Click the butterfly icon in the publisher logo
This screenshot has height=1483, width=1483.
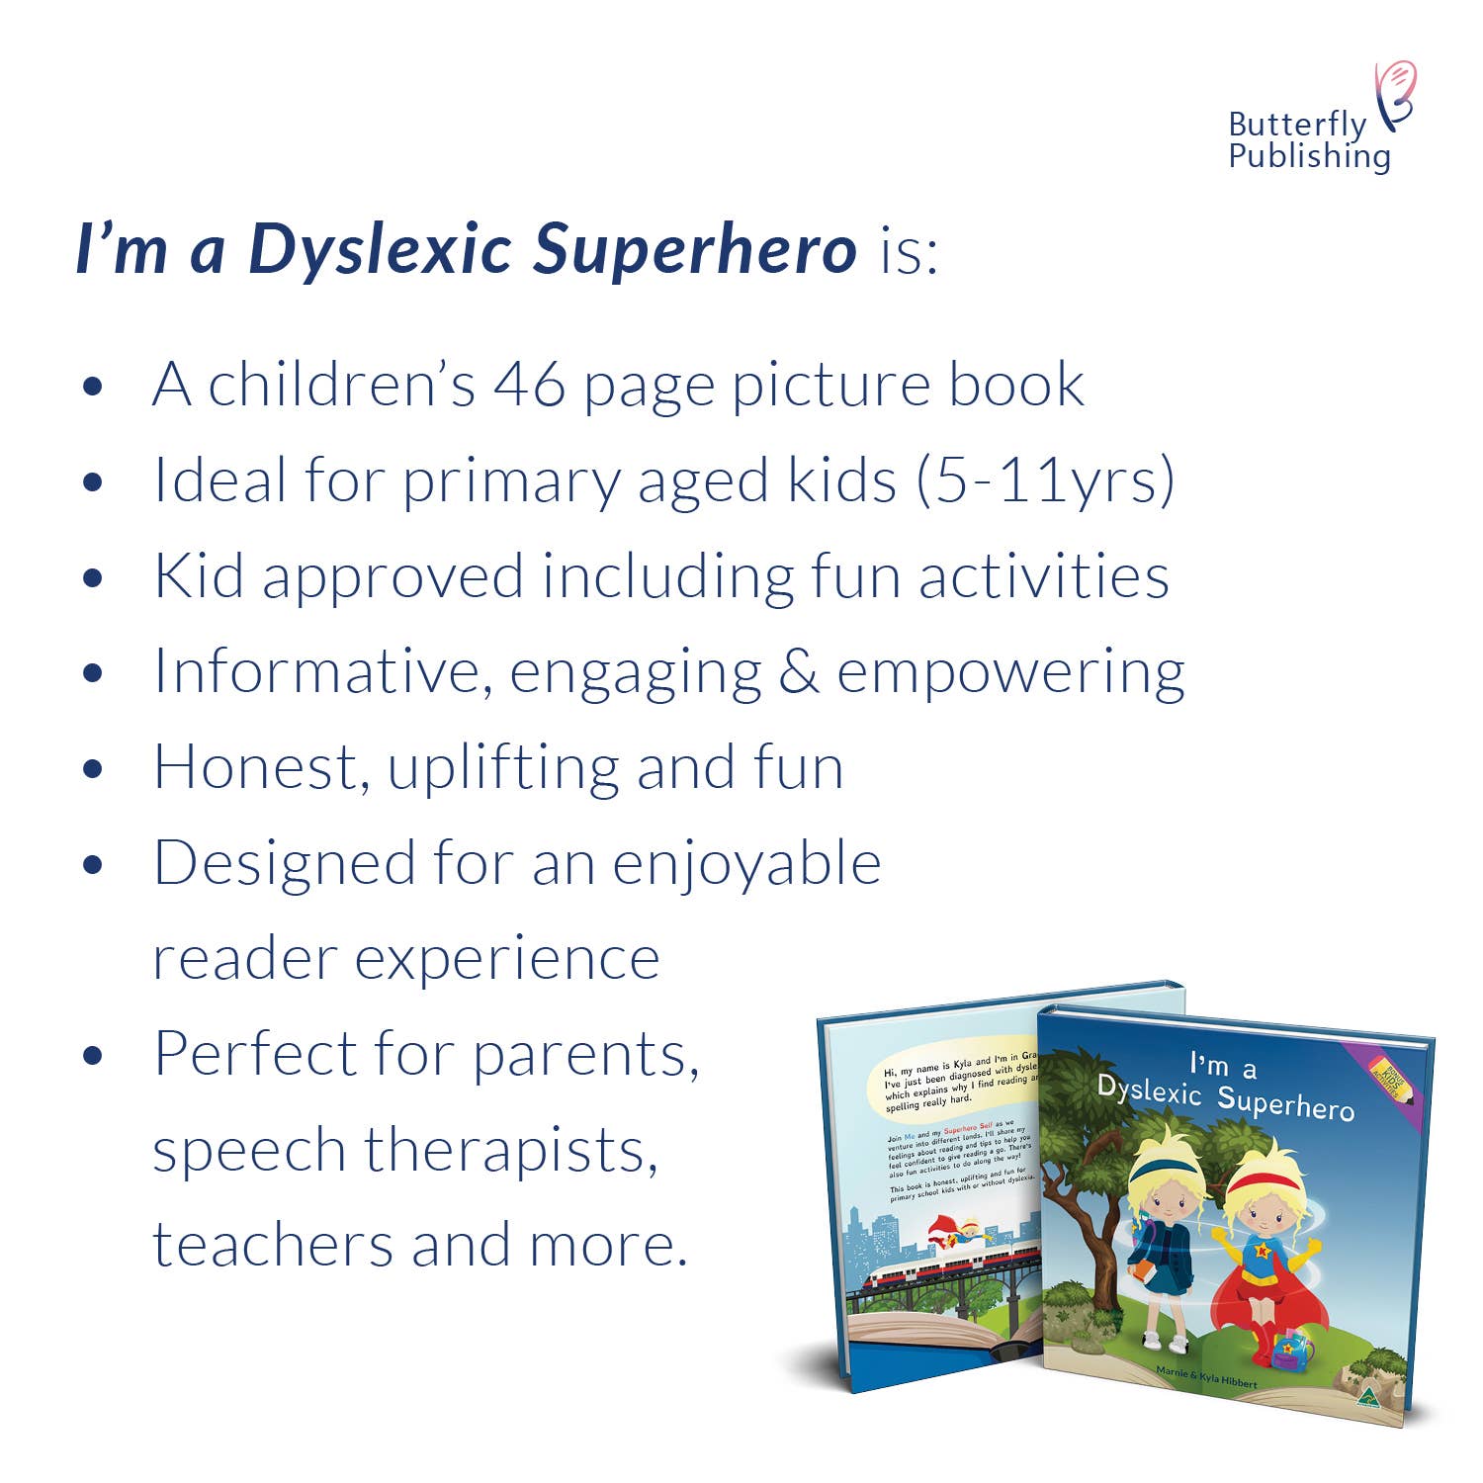(1396, 94)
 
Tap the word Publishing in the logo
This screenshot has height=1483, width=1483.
(1309, 156)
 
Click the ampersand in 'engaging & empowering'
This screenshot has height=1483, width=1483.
(799, 672)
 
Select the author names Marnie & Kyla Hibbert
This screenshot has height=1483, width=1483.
(1206, 1376)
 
